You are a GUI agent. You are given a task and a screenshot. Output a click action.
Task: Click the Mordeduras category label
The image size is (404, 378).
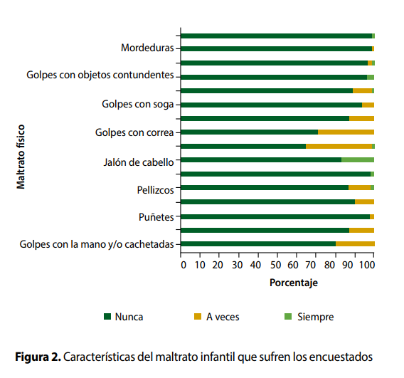click(x=147, y=48)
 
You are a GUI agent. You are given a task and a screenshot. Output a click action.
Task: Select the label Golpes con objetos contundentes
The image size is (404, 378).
click(x=100, y=75)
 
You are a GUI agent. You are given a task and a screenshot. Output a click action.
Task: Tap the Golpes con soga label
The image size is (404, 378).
click(x=138, y=105)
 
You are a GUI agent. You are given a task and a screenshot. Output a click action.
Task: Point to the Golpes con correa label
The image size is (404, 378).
click(x=134, y=132)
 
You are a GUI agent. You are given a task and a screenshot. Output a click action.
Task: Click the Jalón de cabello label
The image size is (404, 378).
click(x=139, y=162)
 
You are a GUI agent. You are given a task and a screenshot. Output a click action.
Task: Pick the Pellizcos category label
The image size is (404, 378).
click(x=155, y=190)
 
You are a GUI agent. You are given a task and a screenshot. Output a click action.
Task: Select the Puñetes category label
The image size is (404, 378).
click(x=156, y=217)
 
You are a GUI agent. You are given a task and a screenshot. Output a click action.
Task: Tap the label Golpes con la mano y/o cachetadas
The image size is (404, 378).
click(x=97, y=244)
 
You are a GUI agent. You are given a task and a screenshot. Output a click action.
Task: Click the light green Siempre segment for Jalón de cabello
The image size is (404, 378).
click(x=358, y=160)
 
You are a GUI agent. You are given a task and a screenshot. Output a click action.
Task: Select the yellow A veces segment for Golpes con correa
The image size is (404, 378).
click(x=346, y=132)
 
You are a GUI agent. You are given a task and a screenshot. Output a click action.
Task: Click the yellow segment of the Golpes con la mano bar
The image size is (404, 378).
click(x=355, y=244)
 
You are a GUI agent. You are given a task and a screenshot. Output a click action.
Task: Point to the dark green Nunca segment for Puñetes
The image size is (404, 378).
click(x=275, y=217)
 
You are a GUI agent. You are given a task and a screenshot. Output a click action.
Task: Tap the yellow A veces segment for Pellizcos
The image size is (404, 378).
click(x=360, y=188)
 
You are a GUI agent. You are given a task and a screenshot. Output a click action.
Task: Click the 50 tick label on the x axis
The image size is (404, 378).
click(x=275, y=265)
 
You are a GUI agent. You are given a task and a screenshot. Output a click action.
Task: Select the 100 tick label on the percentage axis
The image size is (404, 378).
click(x=367, y=265)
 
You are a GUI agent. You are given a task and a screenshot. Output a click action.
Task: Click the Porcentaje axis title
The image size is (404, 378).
click(x=294, y=283)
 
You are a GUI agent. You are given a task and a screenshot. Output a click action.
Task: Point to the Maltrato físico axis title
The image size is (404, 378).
click(x=21, y=157)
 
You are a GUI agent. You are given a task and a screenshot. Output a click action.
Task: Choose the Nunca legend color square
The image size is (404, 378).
click(x=107, y=316)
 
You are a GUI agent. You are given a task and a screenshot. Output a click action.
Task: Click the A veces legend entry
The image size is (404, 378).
click(x=217, y=317)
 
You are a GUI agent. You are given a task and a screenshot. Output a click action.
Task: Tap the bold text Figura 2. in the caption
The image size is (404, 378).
click(x=38, y=357)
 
